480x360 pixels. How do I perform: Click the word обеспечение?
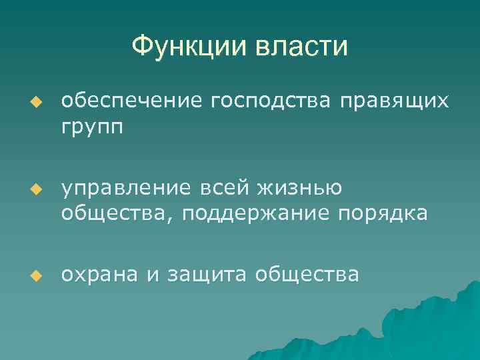(132, 101)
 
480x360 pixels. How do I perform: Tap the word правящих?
(394, 101)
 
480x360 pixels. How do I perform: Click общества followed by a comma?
(113, 215)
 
